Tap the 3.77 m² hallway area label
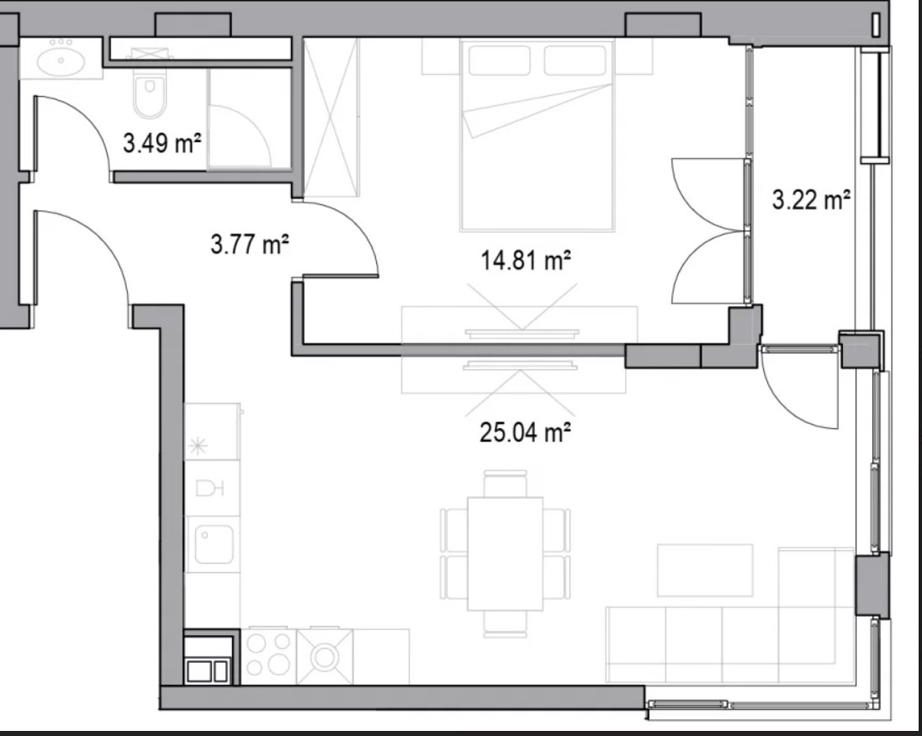tap(250, 244)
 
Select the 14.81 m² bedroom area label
tap(526, 260)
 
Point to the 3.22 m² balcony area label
tap(811, 200)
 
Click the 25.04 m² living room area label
tap(526, 432)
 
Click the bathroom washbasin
tap(61, 61)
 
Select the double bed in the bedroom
tap(538, 135)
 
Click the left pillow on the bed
tap(499, 61)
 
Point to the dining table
tap(505, 553)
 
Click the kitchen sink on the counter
tap(214, 544)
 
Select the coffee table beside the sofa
tap(705, 570)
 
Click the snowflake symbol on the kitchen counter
tap(198, 447)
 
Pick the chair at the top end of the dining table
tap(505, 483)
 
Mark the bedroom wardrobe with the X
tap(331, 117)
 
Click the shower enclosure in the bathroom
tap(249, 119)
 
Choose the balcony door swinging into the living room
tap(800, 388)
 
